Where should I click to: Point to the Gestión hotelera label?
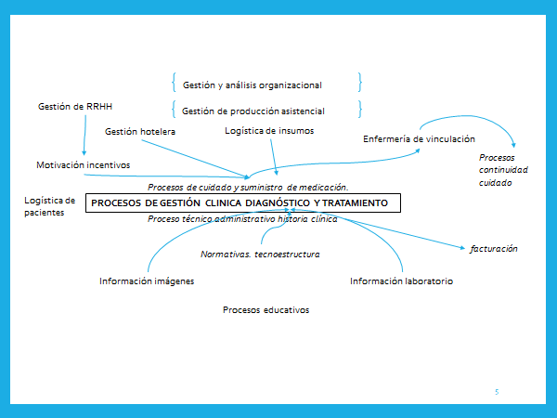[140, 132]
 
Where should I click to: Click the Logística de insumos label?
[269, 131]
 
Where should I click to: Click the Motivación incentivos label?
[83, 165]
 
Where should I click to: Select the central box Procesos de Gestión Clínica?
[242, 202]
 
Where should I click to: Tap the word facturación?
[494, 249]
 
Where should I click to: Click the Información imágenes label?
[147, 281]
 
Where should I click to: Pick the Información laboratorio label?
[401, 281]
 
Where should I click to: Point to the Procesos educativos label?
[266, 309]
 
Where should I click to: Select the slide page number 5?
[497, 393]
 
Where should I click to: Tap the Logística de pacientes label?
[50, 206]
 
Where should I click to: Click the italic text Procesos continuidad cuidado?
[491, 170]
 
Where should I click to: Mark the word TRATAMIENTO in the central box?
[356, 202]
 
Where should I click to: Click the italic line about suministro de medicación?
[248, 187]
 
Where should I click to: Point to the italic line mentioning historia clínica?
[243, 219]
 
